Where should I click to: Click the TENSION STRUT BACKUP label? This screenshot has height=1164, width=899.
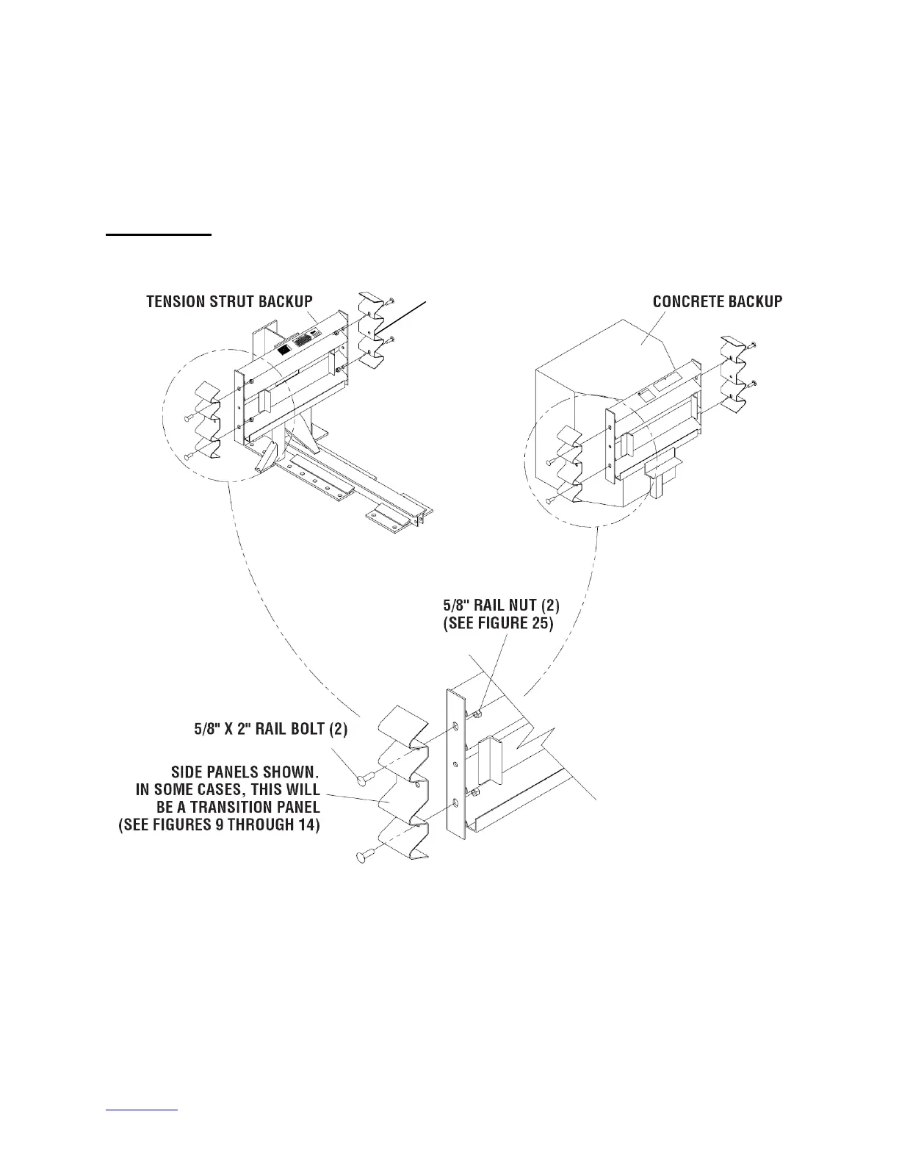pyautogui.click(x=229, y=301)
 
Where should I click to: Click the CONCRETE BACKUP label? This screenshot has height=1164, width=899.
pyautogui.click(x=718, y=301)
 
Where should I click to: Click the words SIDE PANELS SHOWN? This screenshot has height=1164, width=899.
pyautogui.click(x=245, y=772)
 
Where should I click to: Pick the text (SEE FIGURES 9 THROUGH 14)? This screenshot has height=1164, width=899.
pyautogui.click(x=220, y=825)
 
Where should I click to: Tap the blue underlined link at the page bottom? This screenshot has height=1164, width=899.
pyautogui.click(x=142, y=1128)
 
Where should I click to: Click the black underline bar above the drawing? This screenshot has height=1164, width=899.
pyautogui.click(x=158, y=235)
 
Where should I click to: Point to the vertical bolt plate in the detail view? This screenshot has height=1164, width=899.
pyautogui.click(x=456, y=764)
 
